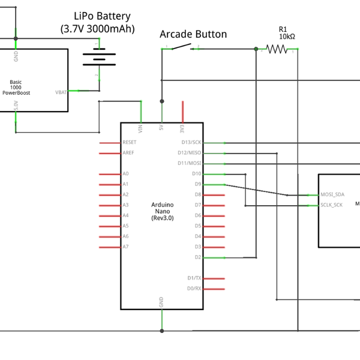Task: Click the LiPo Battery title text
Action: click(x=102, y=16)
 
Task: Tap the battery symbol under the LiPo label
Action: click(x=98, y=58)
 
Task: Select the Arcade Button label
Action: click(x=193, y=34)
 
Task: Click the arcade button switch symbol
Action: click(x=180, y=47)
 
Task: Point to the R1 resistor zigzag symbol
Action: click(x=277, y=49)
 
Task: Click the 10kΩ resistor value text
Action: click(x=287, y=37)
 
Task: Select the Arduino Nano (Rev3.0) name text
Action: click(x=162, y=211)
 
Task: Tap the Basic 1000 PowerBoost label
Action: click(x=16, y=88)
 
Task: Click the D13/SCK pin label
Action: click(x=191, y=143)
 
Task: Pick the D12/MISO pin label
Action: click(x=191, y=153)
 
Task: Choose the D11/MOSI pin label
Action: click(x=191, y=163)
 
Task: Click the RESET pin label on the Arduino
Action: click(x=129, y=143)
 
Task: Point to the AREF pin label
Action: click(x=128, y=153)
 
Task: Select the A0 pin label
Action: click(x=125, y=174)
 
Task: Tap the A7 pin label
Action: click(x=125, y=247)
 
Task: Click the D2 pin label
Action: click(x=197, y=257)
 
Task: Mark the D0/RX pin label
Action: click(x=194, y=289)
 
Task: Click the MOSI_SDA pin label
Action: click(x=332, y=194)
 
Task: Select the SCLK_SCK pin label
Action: click(x=332, y=205)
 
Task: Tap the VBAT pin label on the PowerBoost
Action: click(x=61, y=92)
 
